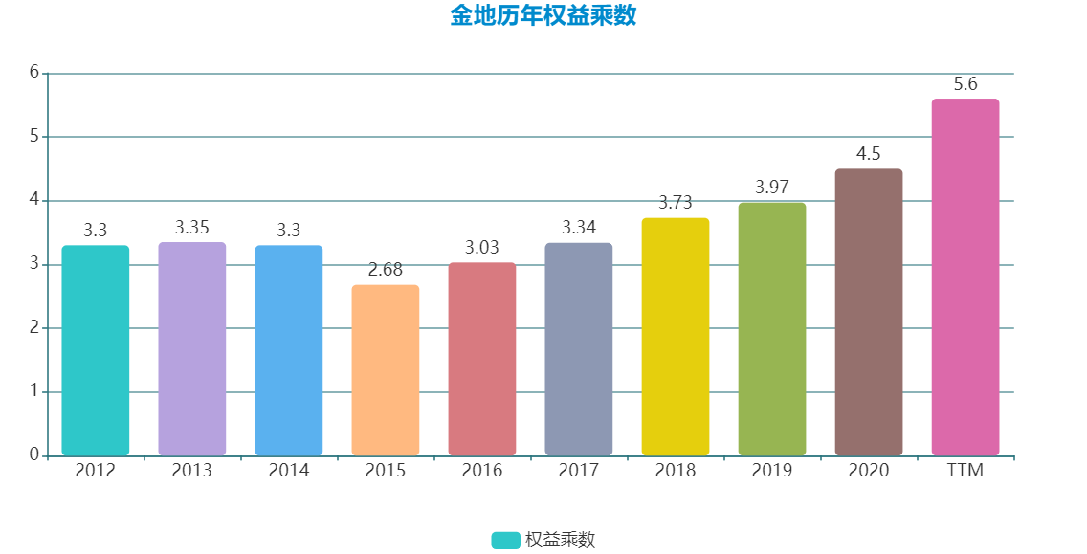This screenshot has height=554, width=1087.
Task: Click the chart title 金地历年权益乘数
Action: click(543, 16)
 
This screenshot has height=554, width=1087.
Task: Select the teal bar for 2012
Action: click(96, 350)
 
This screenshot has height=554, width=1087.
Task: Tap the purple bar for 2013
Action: click(192, 348)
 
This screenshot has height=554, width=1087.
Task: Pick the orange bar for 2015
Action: click(386, 369)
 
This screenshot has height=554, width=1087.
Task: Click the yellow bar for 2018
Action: click(676, 337)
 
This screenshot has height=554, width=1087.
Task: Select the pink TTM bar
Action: click(965, 277)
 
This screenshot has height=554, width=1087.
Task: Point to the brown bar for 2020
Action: click(869, 312)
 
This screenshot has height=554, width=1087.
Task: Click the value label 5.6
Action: click(965, 84)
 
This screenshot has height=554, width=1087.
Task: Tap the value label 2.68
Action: click(386, 270)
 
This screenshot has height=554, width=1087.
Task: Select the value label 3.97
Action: click(772, 188)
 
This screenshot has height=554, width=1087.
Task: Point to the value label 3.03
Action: click(482, 248)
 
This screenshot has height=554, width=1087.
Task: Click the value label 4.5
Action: click(869, 154)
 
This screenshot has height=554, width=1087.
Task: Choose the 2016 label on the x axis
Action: click(482, 471)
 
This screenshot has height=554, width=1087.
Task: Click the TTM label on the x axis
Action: click(965, 471)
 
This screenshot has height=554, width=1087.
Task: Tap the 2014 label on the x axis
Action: click(289, 471)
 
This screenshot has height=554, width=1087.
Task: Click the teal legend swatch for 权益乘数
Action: click(505, 541)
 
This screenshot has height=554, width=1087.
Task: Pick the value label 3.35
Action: click(192, 228)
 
